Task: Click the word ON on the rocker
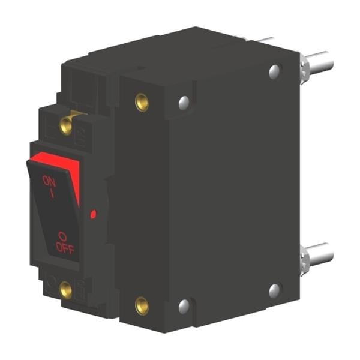pos(49,181)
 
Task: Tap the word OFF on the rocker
pos(65,248)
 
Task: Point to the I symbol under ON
pos(52,193)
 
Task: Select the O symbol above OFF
pos(62,237)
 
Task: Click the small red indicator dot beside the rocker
pos(93,214)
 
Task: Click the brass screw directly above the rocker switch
pos(66,125)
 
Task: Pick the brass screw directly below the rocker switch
pos(66,290)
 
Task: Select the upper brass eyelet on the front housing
pos(142,103)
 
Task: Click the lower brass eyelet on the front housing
pos(142,306)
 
